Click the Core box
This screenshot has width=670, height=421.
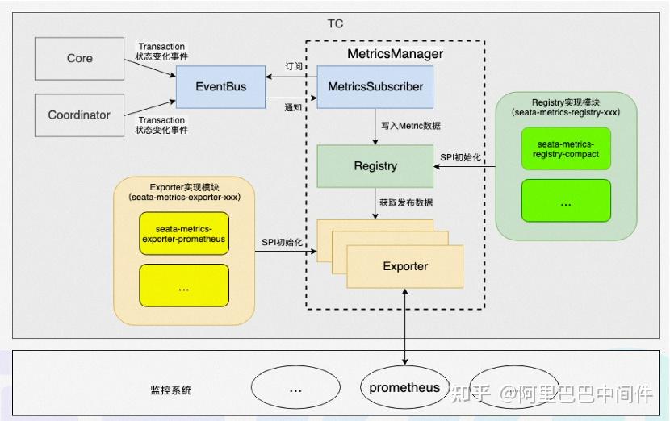79,58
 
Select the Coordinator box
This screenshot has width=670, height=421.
79,115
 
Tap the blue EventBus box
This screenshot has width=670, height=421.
221,86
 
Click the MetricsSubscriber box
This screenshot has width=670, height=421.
375,86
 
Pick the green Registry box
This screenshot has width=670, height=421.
375,166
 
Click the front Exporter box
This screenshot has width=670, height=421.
405,266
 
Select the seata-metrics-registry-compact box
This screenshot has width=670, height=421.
566,148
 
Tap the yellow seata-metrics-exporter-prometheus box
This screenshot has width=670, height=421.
184,234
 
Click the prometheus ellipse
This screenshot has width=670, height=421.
404,388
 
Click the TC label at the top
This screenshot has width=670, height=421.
335,23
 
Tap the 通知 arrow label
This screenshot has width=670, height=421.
294,106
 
